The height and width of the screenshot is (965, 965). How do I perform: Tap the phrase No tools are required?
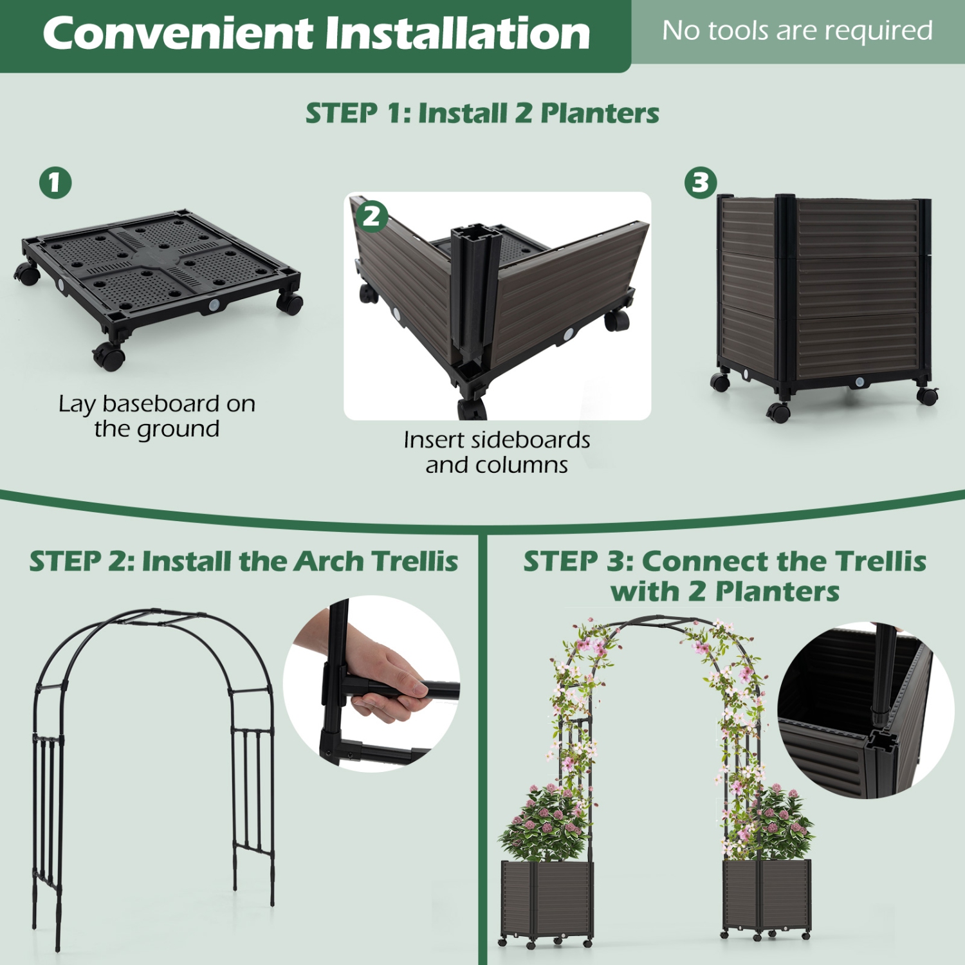pyautogui.click(x=797, y=31)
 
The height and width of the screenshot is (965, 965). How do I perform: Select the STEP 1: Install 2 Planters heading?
pyautogui.click(x=482, y=113)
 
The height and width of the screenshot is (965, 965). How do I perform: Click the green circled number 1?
pyautogui.click(x=55, y=183)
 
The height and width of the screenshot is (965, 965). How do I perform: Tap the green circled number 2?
pyautogui.click(x=372, y=216)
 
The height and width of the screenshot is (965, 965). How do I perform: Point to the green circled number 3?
pyautogui.click(x=701, y=183)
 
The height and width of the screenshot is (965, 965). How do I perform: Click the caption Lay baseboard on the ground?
pyautogui.click(x=157, y=416)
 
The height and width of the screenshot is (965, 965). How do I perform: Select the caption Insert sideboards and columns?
pyautogui.click(x=497, y=452)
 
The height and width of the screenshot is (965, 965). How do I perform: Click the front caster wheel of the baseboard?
pyautogui.click(x=109, y=356)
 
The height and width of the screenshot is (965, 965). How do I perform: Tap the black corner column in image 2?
pyautogui.click(x=475, y=289)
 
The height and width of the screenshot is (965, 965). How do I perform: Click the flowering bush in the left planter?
pyautogui.click(x=547, y=823)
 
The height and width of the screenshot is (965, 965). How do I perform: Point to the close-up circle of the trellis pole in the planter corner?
pyautogui.click(x=865, y=711)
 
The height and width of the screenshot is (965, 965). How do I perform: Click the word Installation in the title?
pyautogui.click(x=457, y=33)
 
